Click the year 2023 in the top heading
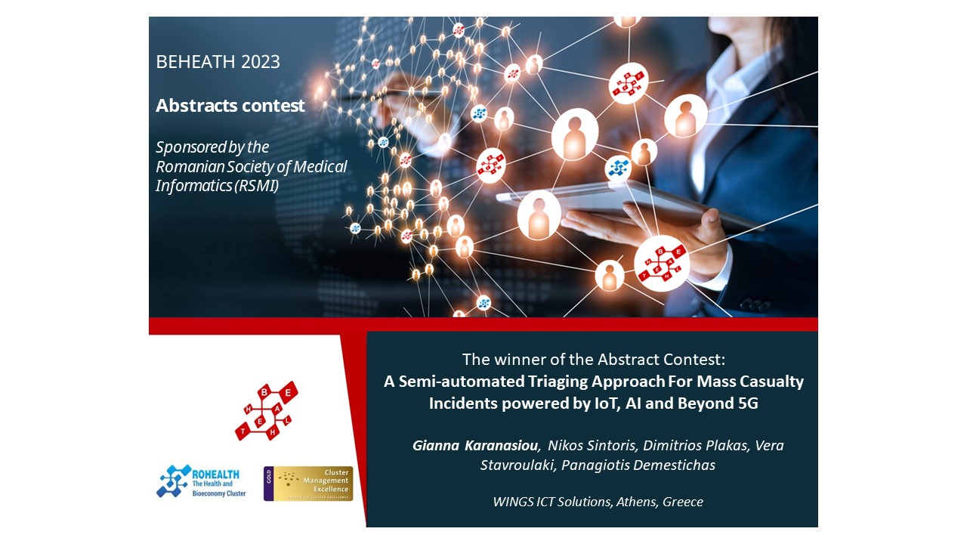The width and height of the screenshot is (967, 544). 261,62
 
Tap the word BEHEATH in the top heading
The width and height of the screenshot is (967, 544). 196,62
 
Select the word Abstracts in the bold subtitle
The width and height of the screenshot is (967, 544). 196,105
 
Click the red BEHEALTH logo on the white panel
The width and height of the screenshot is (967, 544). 267,410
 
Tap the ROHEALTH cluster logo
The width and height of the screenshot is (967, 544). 201,481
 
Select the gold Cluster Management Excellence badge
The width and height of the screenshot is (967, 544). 308,484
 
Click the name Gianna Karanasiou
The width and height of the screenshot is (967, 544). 475,445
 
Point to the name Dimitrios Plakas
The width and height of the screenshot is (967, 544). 696,445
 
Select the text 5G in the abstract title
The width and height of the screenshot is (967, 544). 748,403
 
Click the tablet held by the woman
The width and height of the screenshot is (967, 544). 622,204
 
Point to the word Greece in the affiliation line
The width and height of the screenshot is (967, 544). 683,502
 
